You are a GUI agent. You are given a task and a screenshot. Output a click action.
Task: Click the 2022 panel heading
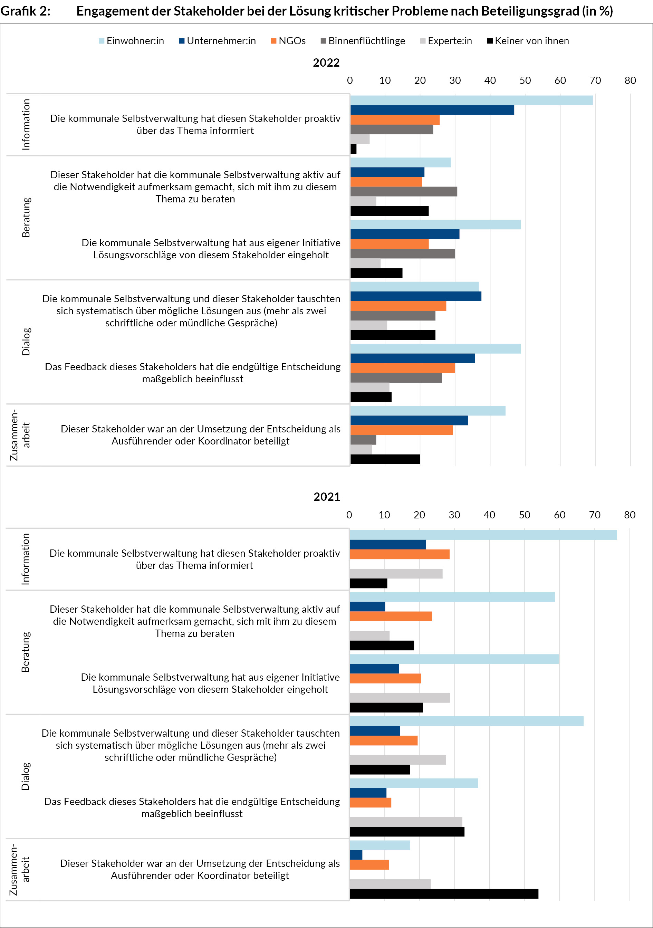326,63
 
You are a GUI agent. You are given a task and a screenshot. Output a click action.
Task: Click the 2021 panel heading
327,497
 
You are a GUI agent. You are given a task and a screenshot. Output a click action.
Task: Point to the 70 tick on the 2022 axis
595,80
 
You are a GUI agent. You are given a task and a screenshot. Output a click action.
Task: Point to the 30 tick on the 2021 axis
454,515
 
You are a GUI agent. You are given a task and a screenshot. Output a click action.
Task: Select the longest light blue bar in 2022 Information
471,100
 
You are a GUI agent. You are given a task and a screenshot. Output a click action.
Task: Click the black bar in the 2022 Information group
354,149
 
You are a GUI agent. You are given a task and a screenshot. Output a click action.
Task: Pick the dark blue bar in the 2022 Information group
432,110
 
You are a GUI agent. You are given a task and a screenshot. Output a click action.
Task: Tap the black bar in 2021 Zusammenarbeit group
444,894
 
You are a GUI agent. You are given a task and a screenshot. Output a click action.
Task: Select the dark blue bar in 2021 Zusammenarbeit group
356,855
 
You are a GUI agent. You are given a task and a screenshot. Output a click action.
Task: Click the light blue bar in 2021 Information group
483,535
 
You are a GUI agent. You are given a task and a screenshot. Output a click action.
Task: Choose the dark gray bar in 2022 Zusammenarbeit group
363,440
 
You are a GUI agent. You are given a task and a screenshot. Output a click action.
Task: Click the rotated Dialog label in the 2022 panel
26,342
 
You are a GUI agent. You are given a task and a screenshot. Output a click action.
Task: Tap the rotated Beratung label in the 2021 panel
26,652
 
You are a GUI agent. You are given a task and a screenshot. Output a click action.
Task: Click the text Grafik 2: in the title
26,11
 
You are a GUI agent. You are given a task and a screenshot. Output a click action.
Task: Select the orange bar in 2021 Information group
399,554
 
